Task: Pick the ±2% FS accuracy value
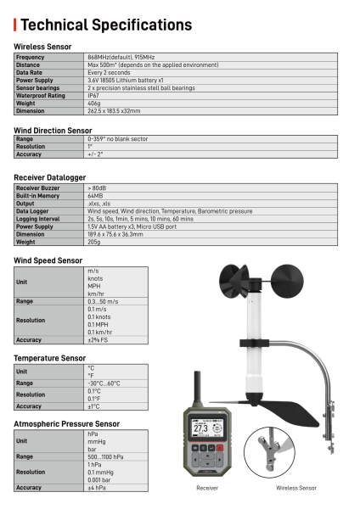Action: pyautogui.click(x=98, y=339)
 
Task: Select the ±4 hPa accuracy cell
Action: pyautogui.click(x=96, y=488)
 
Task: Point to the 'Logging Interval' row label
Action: pyautogui.click(x=37, y=218)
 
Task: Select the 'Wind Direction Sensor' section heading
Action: pyautogui.click(x=53, y=131)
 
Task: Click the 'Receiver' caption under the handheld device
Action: pyautogui.click(x=207, y=489)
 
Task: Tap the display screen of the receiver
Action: pyautogui.click(x=208, y=429)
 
